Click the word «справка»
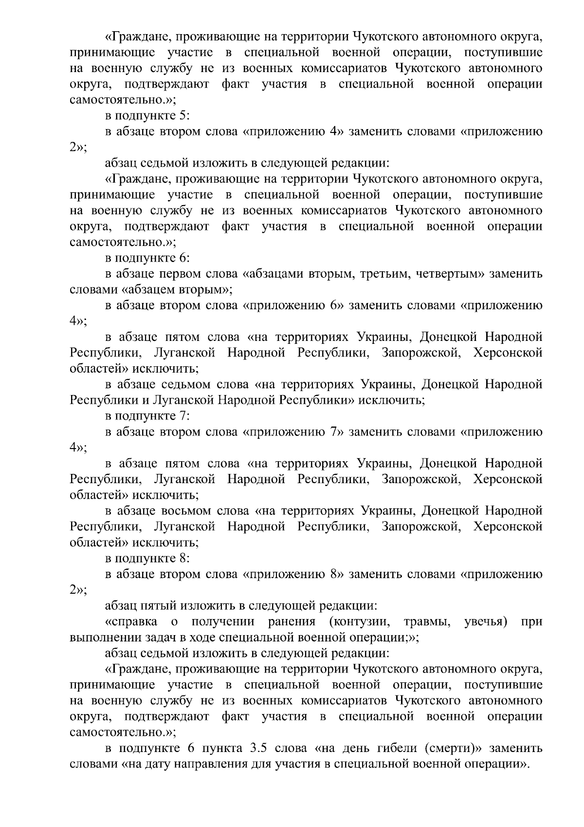click(131, 621)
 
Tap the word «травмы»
click(426, 621)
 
